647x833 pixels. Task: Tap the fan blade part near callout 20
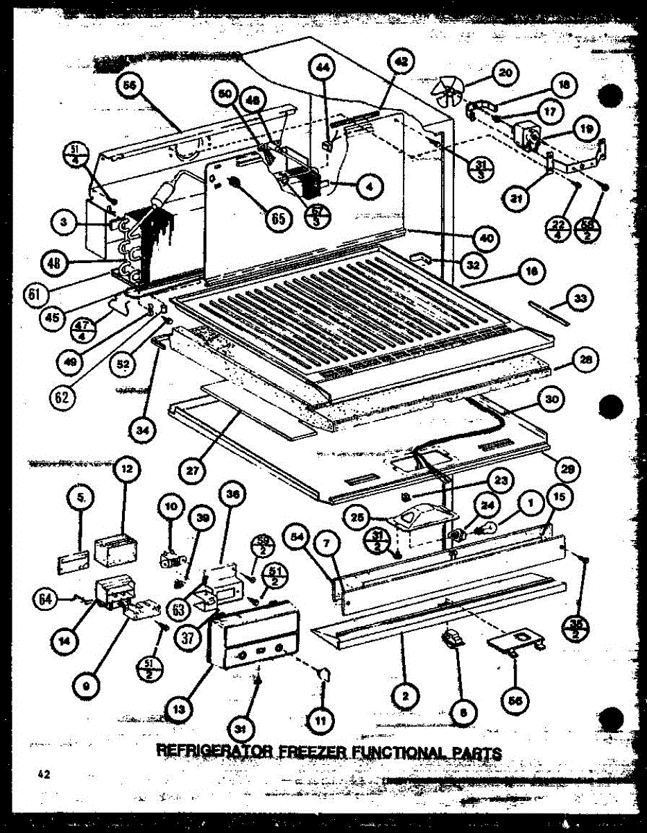(448, 92)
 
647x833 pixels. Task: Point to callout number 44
(325, 69)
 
